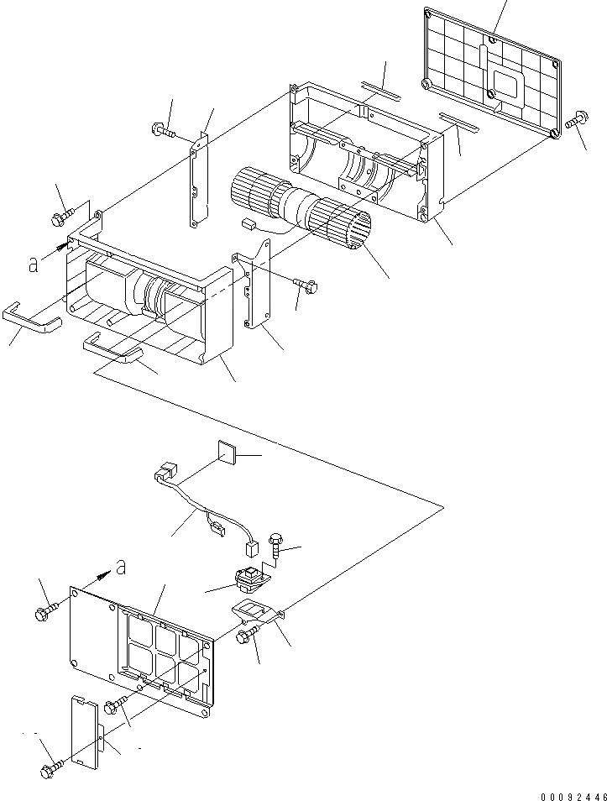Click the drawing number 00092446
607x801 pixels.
point(573,793)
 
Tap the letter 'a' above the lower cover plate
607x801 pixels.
point(121,568)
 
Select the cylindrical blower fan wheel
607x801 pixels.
point(303,211)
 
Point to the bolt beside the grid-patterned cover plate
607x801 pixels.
point(574,123)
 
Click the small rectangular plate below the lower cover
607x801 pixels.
point(85,730)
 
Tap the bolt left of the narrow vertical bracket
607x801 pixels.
point(161,130)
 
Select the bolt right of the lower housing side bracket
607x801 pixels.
point(306,285)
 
